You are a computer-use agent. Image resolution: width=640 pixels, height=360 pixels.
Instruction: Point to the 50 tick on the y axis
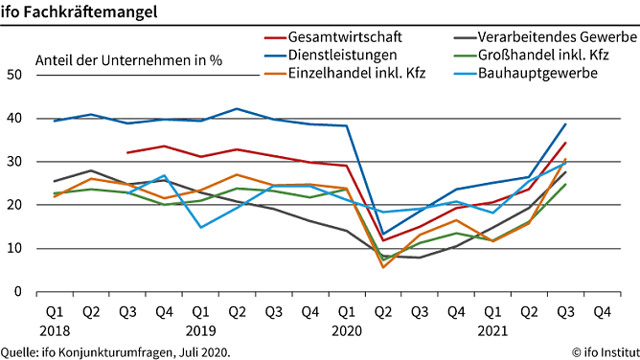coord(13,75)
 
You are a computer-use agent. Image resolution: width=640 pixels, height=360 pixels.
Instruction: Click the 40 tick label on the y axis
coord(13,119)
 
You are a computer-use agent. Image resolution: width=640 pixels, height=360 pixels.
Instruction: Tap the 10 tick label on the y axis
coord(13,249)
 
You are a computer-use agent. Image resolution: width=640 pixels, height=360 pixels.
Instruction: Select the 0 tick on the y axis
coord(17,292)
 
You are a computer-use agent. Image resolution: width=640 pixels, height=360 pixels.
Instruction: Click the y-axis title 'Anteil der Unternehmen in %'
coord(128,59)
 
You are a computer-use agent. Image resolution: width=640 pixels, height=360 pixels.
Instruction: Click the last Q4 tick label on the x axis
coord(603,311)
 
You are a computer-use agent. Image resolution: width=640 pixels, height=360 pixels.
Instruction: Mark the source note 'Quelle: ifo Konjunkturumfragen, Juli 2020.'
coord(116,351)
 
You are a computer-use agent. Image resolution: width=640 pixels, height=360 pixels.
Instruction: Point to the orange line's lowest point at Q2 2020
coord(383,266)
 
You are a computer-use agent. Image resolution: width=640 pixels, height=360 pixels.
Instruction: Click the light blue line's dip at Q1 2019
coord(201,227)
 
